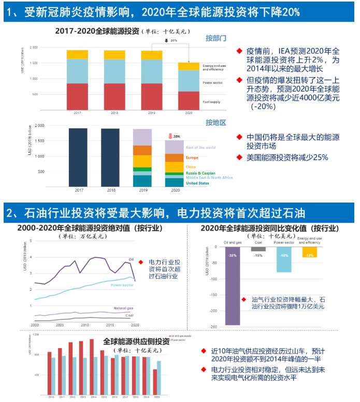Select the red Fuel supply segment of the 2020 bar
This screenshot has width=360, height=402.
(x=189, y=101)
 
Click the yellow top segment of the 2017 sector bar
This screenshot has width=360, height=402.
(x=77, y=54)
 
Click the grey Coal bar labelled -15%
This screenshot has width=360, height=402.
(x=258, y=250)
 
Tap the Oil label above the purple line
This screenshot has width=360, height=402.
(x=131, y=259)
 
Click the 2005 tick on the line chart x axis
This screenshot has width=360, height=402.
(x=60, y=325)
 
